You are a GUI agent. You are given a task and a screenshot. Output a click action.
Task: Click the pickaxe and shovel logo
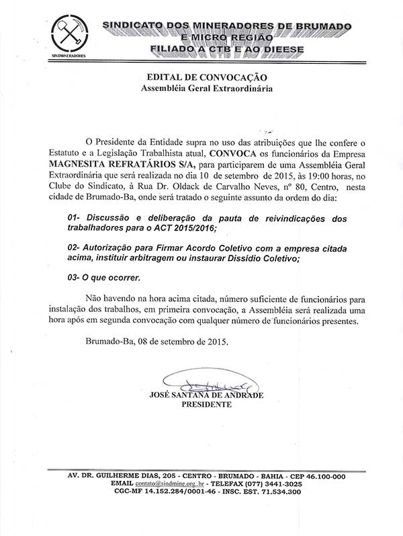pyautogui.click(x=69, y=34)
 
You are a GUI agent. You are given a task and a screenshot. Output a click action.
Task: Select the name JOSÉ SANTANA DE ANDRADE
pyautogui.click(x=206, y=395)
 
